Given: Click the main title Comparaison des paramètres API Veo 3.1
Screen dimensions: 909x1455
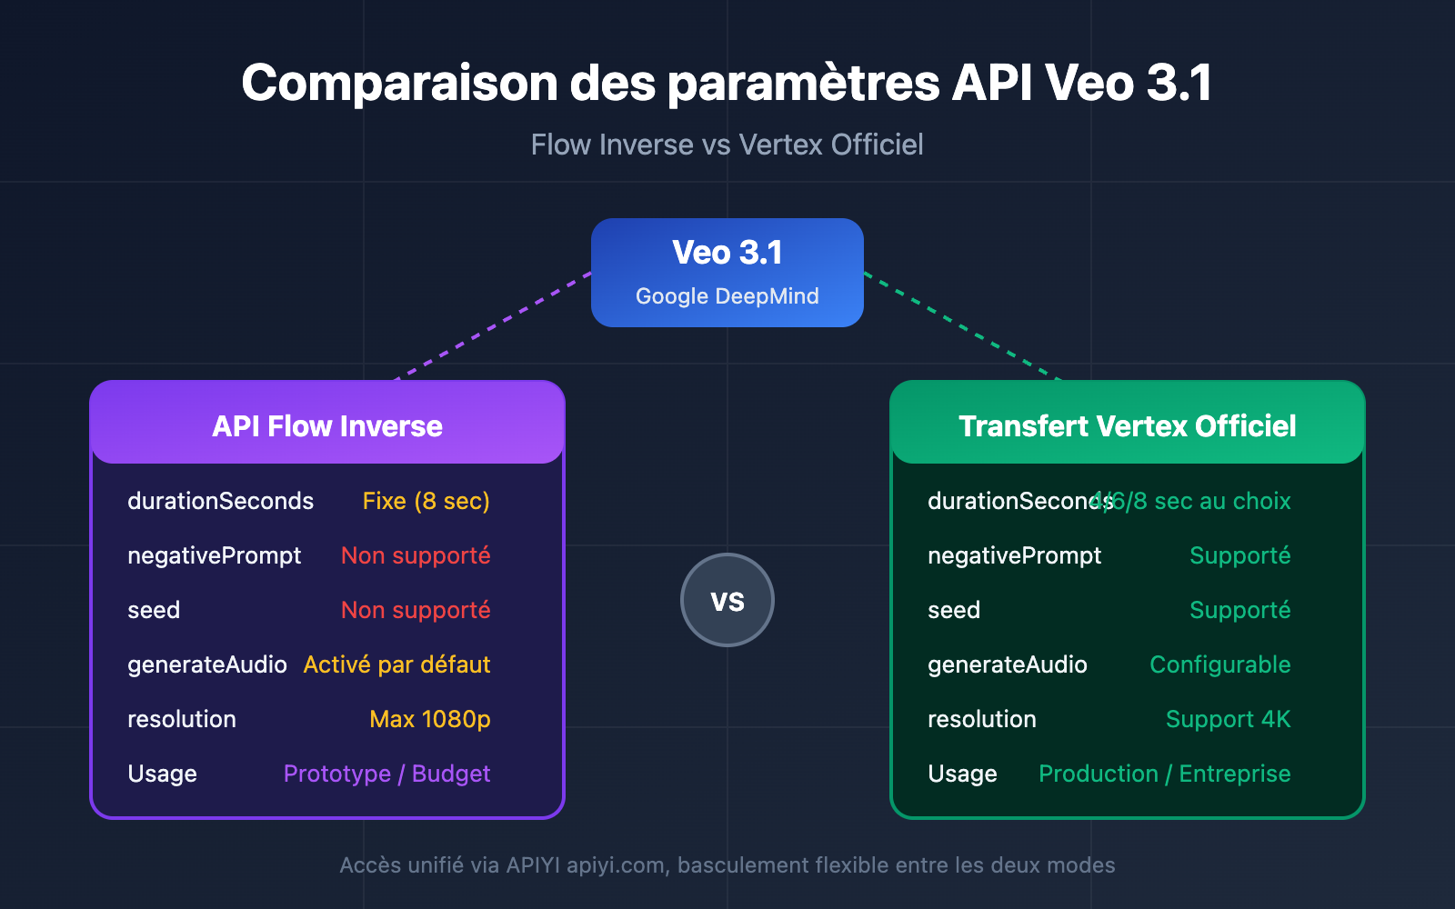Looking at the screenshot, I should point(727,83).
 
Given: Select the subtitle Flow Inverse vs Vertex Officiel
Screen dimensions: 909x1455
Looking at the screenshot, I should point(727,145).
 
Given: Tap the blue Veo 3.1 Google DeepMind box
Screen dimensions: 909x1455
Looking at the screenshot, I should point(727,272).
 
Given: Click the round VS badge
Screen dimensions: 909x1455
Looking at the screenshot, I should point(727,600).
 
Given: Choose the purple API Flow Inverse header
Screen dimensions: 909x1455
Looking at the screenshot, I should point(327,425).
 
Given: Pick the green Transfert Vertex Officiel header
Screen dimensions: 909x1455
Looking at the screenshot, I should point(1127,425).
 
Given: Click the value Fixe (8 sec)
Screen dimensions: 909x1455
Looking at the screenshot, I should point(426,501).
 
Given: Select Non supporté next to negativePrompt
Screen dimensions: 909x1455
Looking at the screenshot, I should point(416,555).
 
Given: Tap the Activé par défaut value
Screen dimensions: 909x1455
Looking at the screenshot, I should point(396,664).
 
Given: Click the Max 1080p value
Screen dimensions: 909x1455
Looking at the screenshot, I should point(429,719).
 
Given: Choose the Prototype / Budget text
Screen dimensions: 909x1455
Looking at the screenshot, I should point(386,774).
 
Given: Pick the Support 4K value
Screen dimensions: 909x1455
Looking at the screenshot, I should point(1228,719).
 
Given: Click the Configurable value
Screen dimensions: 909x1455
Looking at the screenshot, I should point(1219,664).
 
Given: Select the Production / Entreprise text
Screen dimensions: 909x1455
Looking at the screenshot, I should point(1164,774).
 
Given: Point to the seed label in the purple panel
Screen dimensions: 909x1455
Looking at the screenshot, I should point(154,610).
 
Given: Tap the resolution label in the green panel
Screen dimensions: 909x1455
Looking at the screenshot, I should point(981,719).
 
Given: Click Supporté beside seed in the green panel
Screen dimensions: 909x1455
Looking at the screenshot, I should point(1239,610).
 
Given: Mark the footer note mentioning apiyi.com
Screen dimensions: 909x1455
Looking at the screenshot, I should point(727,864).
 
